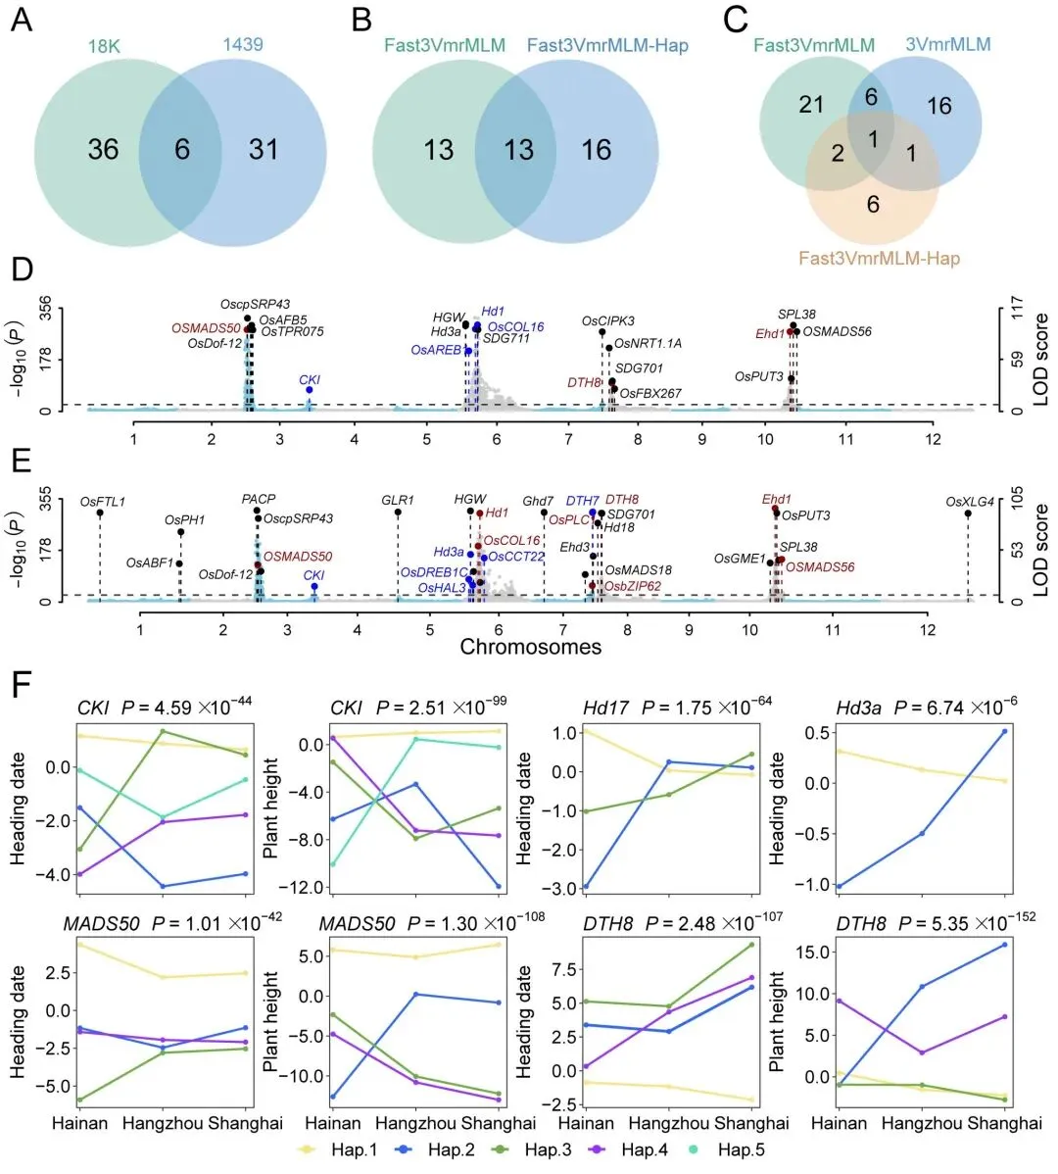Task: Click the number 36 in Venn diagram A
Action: coord(103,149)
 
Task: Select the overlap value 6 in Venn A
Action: coord(182,149)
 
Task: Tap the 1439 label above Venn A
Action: coord(243,44)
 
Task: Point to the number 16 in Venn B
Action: coord(597,149)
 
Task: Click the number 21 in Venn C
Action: coord(811,103)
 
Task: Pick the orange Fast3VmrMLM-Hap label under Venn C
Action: coord(879,259)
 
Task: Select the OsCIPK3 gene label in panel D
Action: coord(607,321)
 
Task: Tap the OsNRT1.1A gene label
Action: coord(648,344)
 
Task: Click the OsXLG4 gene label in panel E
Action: coord(970,503)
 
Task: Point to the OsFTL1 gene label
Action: coord(103,503)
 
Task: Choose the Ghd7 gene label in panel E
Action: coord(538,501)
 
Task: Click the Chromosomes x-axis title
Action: coord(530,647)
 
